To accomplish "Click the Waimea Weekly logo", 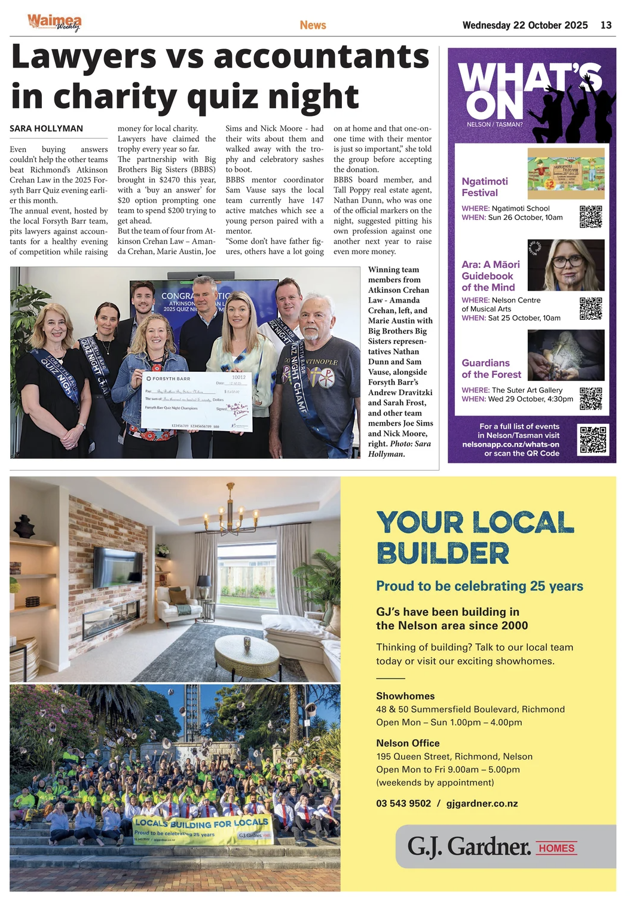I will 54,23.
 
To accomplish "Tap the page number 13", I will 605,25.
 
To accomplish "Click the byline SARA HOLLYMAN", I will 46,129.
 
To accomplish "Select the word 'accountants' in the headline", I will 321,57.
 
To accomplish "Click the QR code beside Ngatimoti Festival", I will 591,216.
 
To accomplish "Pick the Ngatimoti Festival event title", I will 485,187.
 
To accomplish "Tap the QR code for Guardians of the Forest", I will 591,398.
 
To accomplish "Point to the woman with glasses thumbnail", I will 565,264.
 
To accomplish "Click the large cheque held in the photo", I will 197,401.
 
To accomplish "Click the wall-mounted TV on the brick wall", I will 118,566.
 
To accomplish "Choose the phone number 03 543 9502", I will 403,804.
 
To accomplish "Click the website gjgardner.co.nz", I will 482,804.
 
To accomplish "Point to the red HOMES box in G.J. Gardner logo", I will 556,848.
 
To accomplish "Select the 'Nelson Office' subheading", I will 408,743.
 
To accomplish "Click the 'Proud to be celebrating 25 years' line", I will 479,586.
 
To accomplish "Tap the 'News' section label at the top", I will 313,25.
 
